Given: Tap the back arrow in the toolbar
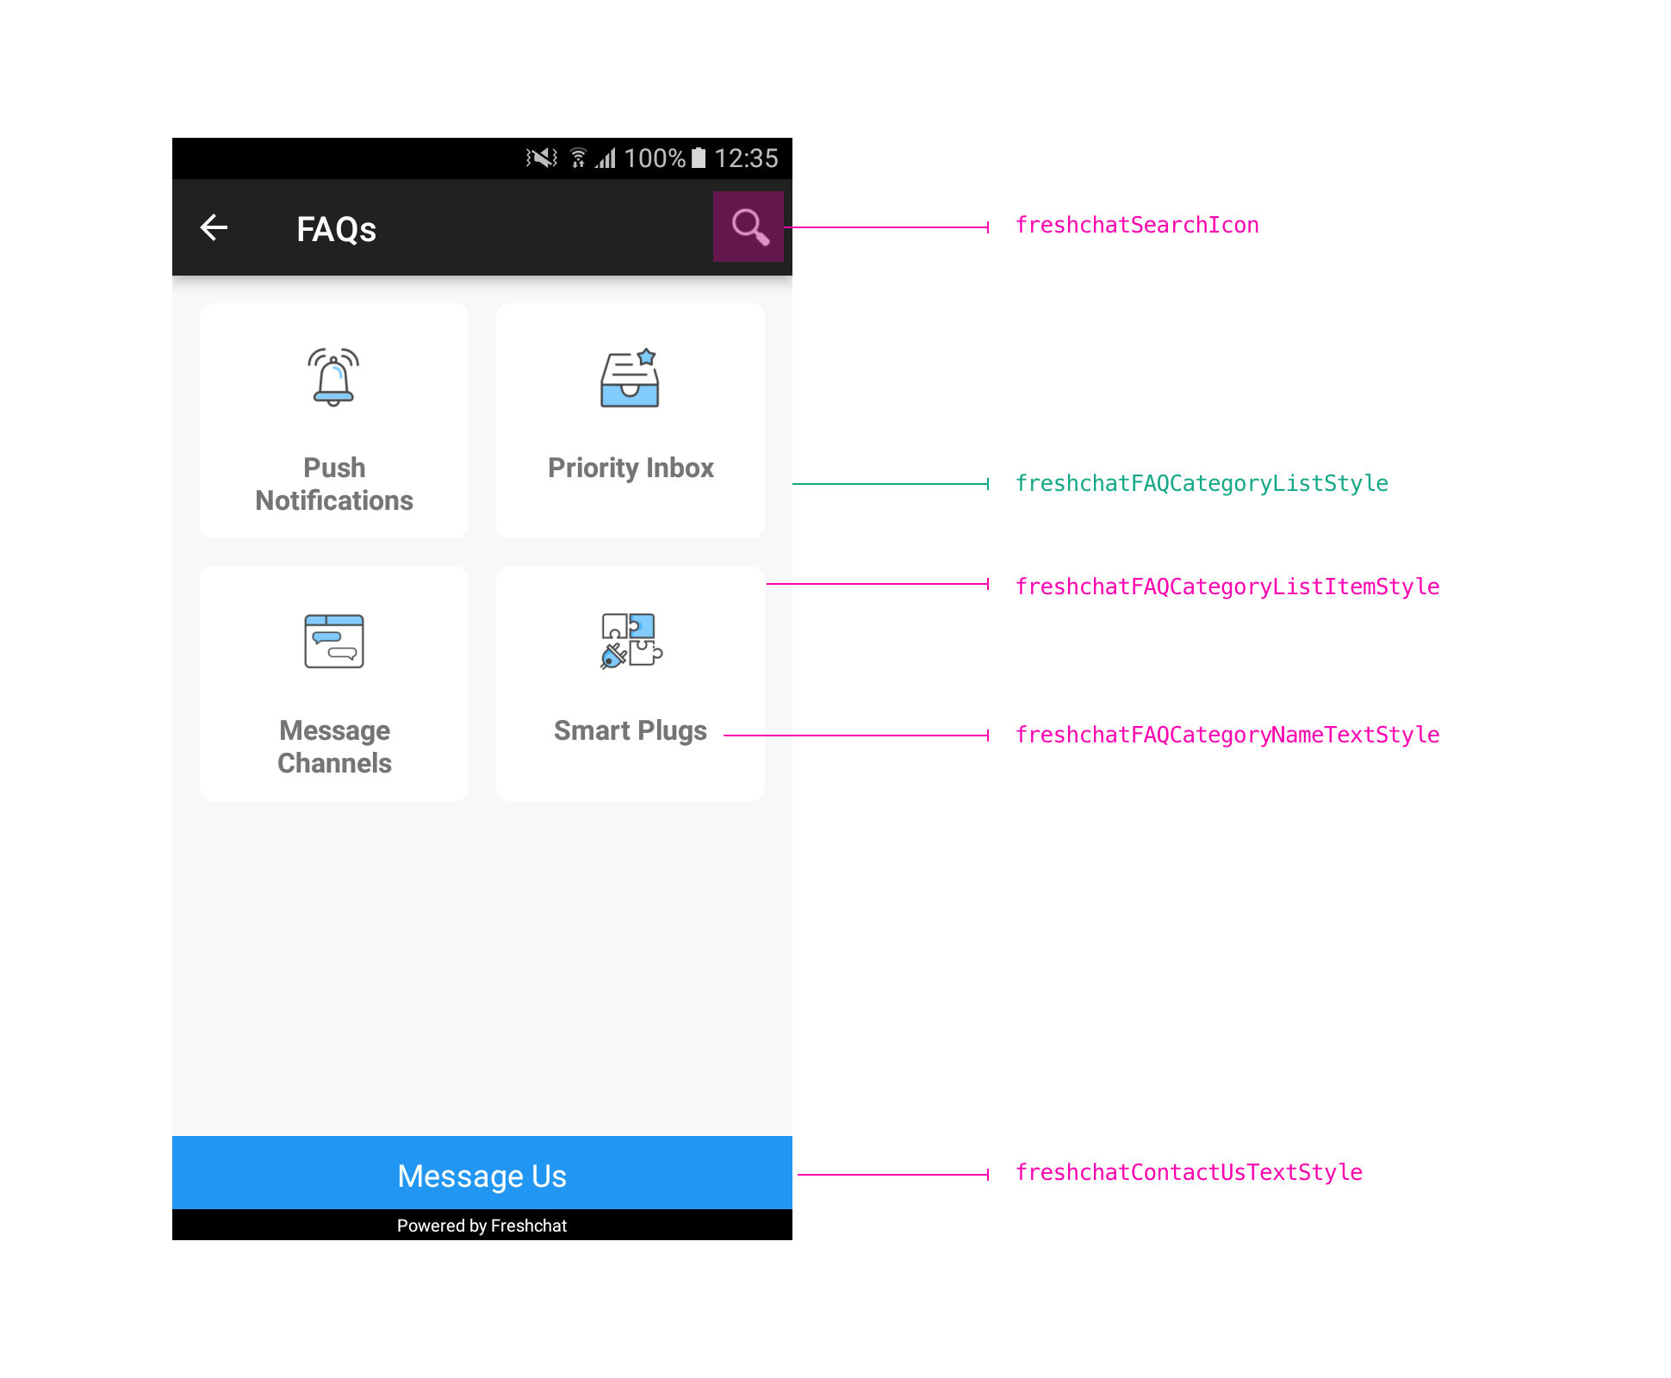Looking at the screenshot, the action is point(214,227).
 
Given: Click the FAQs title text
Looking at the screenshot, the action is point(336,229).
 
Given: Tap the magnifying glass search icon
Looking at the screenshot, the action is point(749,227).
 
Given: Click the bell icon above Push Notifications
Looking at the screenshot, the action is point(333,377).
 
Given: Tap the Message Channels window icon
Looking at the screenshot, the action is point(334,641).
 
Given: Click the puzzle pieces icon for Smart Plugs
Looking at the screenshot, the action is point(631,641).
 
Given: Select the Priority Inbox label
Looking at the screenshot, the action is point(631,468).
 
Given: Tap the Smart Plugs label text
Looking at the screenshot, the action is point(631,730).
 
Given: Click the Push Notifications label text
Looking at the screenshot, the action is point(334,484).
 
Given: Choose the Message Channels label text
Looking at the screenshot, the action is point(334,747).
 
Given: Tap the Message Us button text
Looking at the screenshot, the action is point(482,1176).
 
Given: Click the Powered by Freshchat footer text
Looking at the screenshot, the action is point(482,1226).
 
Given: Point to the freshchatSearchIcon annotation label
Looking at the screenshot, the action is point(1137,226).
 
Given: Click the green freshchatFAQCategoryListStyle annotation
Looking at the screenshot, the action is point(1202,484).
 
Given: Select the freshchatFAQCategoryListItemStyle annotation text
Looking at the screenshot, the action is point(1227,587).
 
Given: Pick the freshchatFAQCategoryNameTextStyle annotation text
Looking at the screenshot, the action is point(1227,735).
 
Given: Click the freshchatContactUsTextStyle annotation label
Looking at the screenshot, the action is point(1189,1172).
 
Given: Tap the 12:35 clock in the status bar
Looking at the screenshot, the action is point(746,158).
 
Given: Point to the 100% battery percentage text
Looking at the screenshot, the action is point(655,158).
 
